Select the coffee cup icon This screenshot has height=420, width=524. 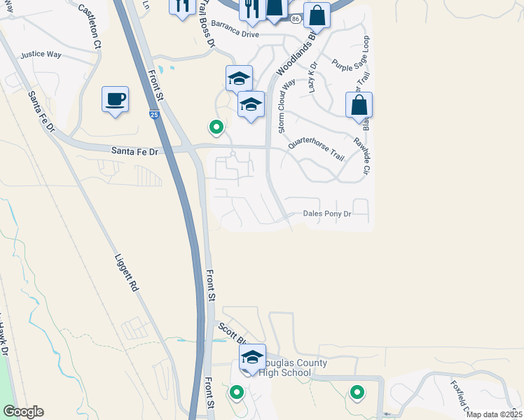115,99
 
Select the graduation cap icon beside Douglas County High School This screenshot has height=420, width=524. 252,358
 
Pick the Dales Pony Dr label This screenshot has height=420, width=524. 326,214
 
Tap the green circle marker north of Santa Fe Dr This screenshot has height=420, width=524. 216,127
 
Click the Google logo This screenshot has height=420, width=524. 23,412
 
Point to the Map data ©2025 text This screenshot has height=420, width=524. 494,414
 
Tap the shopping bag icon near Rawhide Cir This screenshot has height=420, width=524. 359,106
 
